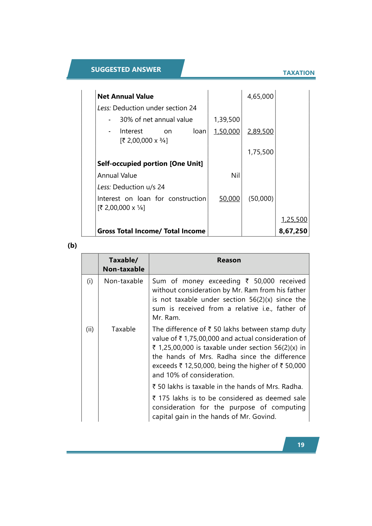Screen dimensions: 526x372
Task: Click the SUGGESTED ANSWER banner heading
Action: pyautogui.click(x=126, y=69)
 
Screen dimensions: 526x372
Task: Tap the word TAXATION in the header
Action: pyautogui.click(x=299, y=73)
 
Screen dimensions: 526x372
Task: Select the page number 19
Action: pyautogui.click(x=301, y=445)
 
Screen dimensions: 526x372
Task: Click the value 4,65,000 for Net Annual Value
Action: pyautogui.click(x=260, y=97)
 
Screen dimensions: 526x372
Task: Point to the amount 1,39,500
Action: pyautogui.click(x=227, y=120)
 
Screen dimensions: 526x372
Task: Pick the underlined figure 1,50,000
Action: pyautogui.click(x=227, y=131)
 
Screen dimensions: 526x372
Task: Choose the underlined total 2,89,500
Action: pyautogui.click(x=260, y=131)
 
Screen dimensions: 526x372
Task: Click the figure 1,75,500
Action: pyautogui.click(x=260, y=152)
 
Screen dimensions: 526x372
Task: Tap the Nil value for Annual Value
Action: pyautogui.click(x=236, y=176)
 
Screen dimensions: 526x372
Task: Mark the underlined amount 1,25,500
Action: pyautogui.click(x=294, y=220)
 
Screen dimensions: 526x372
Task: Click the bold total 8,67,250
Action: pyautogui.click(x=293, y=231)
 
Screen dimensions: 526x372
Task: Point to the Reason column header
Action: pyautogui.click(x=229, y=260)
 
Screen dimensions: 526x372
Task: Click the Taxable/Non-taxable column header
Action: pyautogui.click(x=124, y=265)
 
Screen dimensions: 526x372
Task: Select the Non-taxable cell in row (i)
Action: pyautogui.click(x=124, y=281)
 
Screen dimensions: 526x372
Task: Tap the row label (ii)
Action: pyautogui.click(x=90, y=329)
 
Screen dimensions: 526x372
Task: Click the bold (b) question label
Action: pyautogui.click(x=72, y=246)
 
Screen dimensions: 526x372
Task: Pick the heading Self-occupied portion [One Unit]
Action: pyautogui.click(x=150, y=164)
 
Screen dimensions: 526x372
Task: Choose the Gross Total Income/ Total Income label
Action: pyautogui.click(x=151, y=231)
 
